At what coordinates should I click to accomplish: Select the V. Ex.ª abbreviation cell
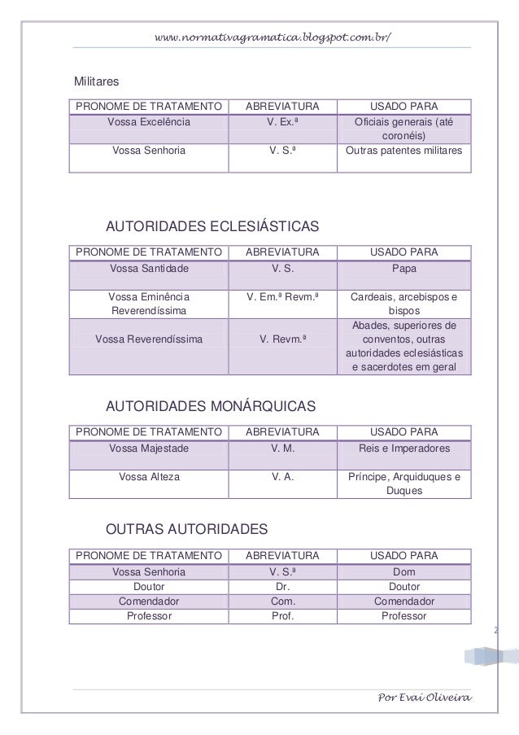(281, 122)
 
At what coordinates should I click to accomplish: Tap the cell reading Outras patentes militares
(403, 151)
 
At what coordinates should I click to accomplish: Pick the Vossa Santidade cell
(149, 268)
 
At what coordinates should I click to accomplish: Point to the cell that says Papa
(403, 268)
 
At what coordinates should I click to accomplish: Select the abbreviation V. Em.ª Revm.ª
(281, 297)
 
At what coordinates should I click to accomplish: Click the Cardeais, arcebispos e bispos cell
(403, 304)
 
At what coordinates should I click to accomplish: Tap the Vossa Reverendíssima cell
(149, 339)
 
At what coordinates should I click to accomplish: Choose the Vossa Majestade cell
(149, 448)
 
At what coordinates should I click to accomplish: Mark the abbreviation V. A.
(281, 477)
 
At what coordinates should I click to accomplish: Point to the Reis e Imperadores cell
(403, 448)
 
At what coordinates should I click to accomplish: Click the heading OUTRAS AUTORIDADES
(187, 531)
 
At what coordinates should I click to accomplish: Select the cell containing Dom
(403, 572)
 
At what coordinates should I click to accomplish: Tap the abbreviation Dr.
(281, 587)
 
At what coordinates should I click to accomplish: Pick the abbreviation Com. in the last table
(281, 602)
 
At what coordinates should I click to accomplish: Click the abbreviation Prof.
(281, 616)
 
